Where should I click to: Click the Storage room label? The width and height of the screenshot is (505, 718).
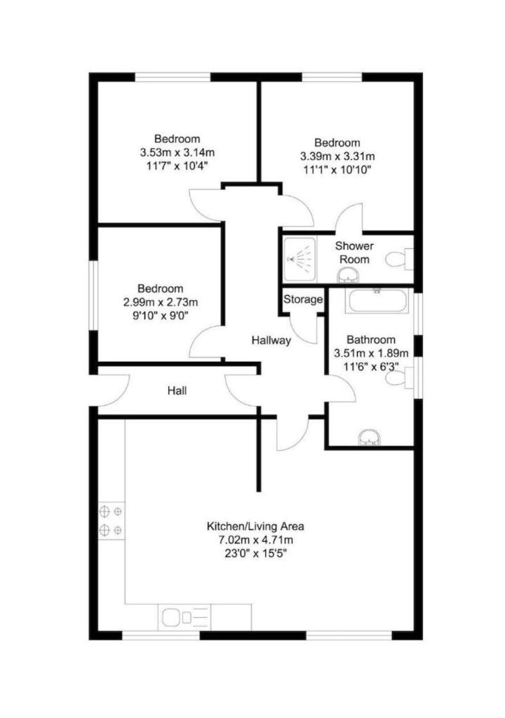tap(303, 299)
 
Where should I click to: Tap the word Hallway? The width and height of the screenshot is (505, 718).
tap(271, 341)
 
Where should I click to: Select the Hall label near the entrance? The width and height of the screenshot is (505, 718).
tap(177, 391)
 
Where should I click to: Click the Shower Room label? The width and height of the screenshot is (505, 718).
tap(354, 252)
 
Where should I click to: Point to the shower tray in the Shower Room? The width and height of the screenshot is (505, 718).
tap(299, 259)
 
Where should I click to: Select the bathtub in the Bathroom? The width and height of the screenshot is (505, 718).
tap(376, 300)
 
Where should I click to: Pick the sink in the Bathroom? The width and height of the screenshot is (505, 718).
tap(369, 437)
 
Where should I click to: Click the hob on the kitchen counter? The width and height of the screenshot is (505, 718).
tap(111, 521)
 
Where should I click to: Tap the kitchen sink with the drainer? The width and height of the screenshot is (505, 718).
tap(185, 617)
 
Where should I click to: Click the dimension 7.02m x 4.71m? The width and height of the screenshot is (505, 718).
tap(256, 540)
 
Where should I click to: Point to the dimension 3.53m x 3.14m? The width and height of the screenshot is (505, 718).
tap(177, 152)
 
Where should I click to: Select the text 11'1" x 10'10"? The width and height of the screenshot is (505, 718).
tap(337, 170)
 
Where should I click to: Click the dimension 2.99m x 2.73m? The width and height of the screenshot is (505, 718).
tap(161, 302)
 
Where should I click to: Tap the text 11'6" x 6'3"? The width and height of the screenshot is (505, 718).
tap(371, 367)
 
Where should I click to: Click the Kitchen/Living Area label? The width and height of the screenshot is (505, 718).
tap(256, 526)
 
